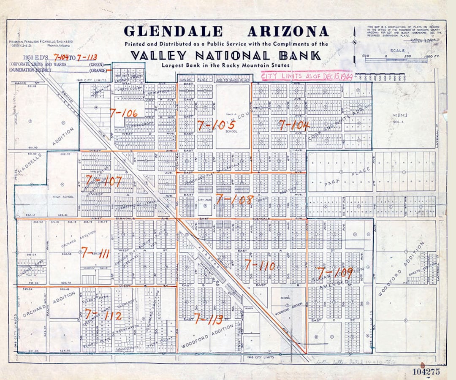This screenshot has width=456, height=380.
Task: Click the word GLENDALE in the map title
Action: (x=173, y=32)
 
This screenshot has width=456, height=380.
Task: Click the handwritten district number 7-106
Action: (x=123, y=113)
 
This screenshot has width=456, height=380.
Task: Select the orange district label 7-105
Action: (x=215, y=125)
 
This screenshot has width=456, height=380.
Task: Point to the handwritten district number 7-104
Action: (x=294, y=125)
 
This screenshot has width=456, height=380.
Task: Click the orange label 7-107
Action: (x=103, y=181)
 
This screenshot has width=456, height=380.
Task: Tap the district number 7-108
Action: (x=234, y=199)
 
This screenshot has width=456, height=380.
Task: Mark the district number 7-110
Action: (x=260, y=266)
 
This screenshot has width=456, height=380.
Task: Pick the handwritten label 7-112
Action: (x=103, y=315)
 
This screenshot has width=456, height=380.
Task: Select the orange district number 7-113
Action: (x=209, y=319)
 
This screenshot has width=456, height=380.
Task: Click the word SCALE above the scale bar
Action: (x=397, y=50)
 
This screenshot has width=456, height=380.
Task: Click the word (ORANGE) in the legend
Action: (x=98, y=71)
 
